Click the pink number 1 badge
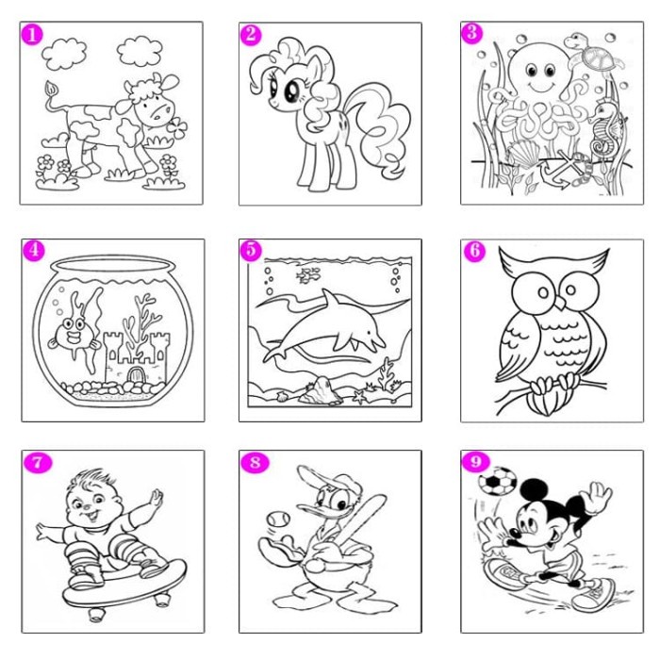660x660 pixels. click(x=33, y=35)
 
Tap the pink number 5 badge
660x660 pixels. click(x=251, y=250)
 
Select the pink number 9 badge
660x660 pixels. click(x=473, y=461)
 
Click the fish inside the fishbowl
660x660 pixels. click(x=70, y=332)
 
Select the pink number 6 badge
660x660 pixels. click(x=473, y=250)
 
